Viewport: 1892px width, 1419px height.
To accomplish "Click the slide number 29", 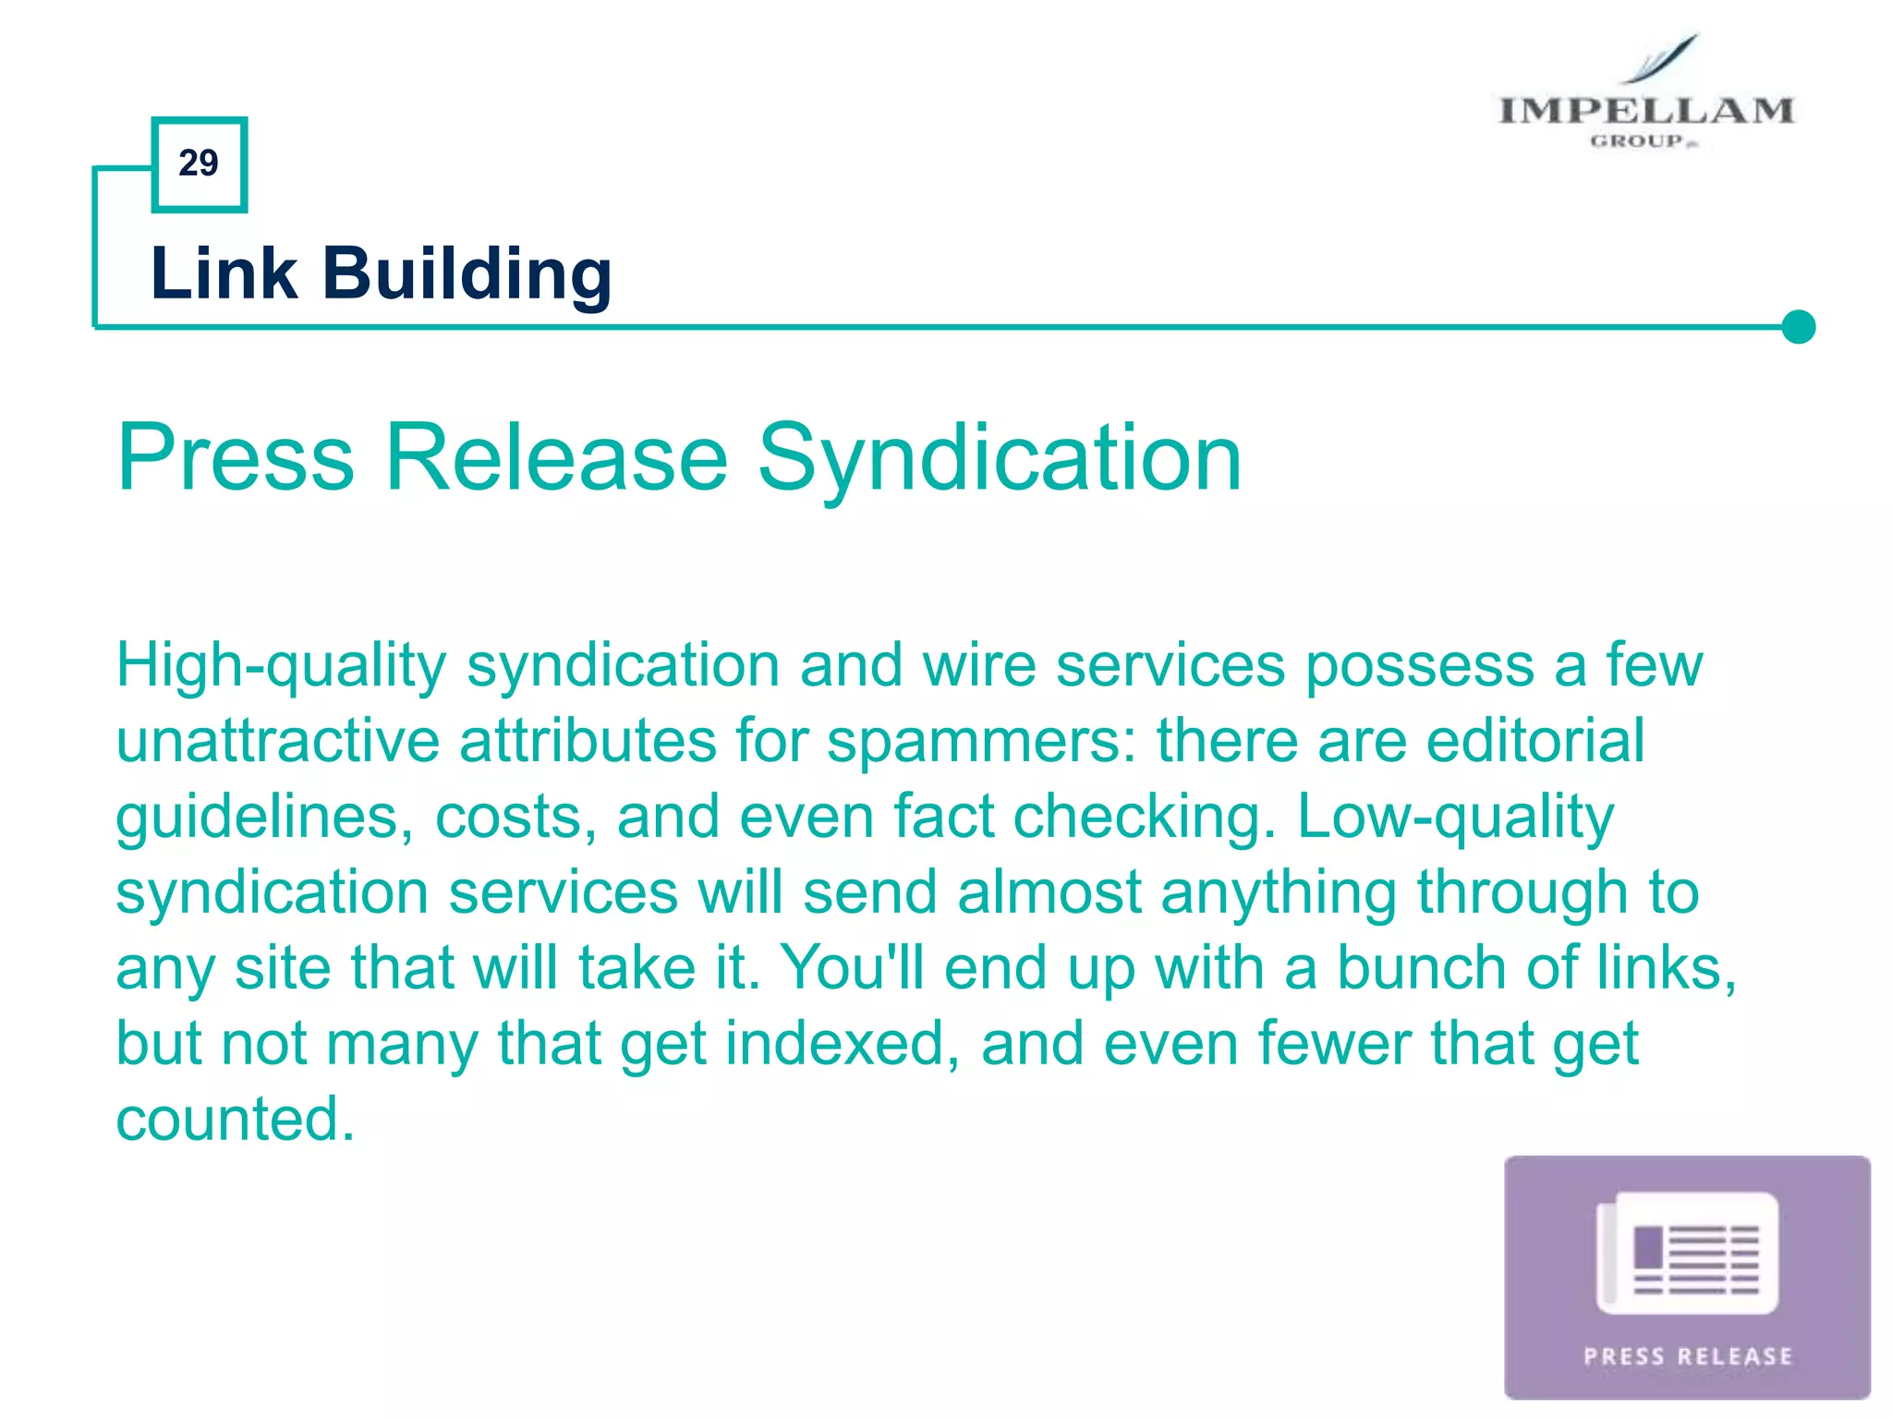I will tap(199, 164).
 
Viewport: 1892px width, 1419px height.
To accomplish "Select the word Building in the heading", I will tap(467, 275).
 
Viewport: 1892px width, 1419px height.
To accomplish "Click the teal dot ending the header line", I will tap(1798, 327).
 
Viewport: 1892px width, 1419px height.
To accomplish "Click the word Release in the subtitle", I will tap(557, 457).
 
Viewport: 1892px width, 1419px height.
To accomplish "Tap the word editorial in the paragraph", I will tap(1534, 741).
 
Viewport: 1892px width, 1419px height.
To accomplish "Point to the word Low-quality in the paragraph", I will tap(1455, 819).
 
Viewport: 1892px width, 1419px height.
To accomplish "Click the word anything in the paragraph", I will tap(1279, 894).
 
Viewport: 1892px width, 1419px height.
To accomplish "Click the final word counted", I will tap(235, 1120).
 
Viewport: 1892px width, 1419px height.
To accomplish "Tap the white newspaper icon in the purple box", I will tap(1687, 1254).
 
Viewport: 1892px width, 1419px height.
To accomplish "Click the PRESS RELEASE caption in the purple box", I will tap(1688, 1356).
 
